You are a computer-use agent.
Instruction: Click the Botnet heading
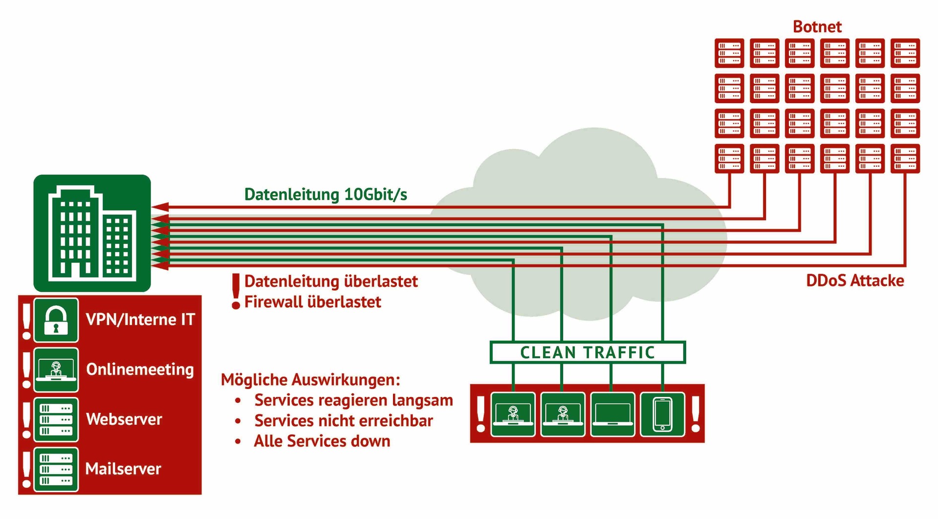point(817,26)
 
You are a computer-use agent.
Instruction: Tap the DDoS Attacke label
point(854,281)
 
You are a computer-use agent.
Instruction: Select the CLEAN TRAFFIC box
point(587,352)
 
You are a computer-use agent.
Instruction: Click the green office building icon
point(92,233)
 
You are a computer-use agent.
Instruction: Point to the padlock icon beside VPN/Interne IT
point(56,320)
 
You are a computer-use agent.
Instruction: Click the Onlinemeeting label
point(140,369)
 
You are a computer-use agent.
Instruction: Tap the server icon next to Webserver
point(56,420)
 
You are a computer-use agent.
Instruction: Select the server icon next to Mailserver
point(56,469)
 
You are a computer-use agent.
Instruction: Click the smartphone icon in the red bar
point(662,414)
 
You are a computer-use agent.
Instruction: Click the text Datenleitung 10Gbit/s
point(326,195)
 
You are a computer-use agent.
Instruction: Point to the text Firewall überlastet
point(312,302)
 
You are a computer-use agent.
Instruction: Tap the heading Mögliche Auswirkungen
point(310,380)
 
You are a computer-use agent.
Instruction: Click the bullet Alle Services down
point(322,441)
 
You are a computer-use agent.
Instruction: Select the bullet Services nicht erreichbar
point(343,421)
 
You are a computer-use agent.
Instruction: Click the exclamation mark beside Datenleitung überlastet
point(236,291)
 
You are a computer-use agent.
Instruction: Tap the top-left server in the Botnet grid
point(729,53)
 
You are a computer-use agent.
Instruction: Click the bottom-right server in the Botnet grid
point(905,158)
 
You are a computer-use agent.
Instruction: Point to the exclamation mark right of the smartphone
point(696,414)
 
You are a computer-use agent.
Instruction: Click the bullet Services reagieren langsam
point(353,400)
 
